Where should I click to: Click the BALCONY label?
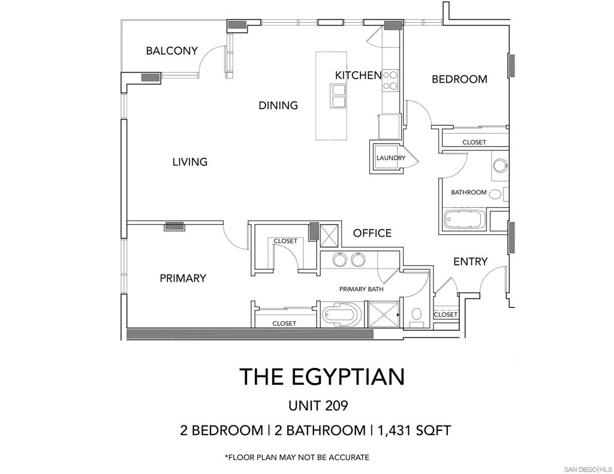pyautogui.click(x=171, y=50)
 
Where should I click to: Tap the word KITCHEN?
pyautogui.click(x=359, y=75)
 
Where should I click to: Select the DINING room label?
pyautogui.click(x=278, y=105)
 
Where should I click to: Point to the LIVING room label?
pyautogui.click(x=190, y=162)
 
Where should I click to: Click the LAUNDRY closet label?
pyautogui.click(x=391, y=158)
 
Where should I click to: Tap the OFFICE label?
pyautogui.click(x=372, y=233)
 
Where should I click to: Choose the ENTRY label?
pyautogui.click(x=470, y=261)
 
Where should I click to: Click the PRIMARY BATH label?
pyautogui.click(x=361, y=289)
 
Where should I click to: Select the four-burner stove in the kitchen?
pyautogui.click(x=390, y=80)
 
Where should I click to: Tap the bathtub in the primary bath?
pyautogui.click(x=340, y=313)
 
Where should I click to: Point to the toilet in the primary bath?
pyautogui.click(x=416, y=315)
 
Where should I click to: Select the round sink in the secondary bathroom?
pyautogui.click(x=500, y=165)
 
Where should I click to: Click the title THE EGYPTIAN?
pyautogui.click(x=322, y=376)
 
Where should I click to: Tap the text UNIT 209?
pyautogui.click(x=318, y=406)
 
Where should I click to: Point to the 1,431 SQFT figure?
pyautogui.click(x=414, y=430)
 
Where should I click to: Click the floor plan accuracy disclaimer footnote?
pyautogui.click(x=297, y=457)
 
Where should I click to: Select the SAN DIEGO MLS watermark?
pyautogui.click(x=588, y=469)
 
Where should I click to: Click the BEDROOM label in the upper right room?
pyautogui.click(x=459, y=79)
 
